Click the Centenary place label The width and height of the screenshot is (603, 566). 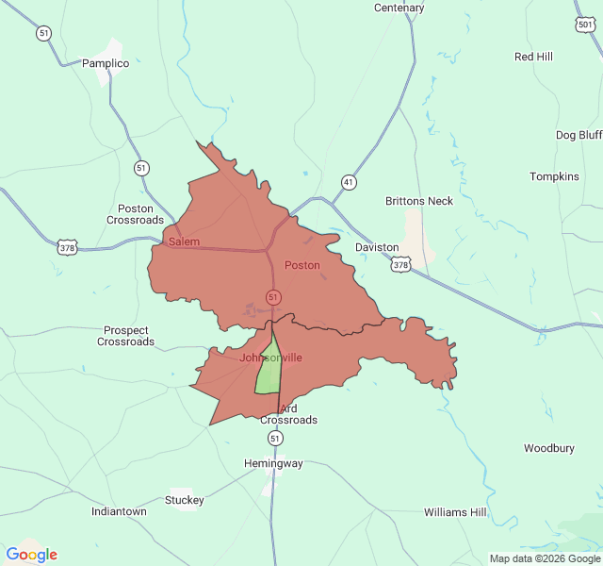tap(399, 8)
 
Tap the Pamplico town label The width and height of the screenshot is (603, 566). tap(106, 63)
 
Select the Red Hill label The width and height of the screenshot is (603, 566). tap(533, 57)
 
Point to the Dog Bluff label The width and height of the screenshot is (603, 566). tap(578, 135)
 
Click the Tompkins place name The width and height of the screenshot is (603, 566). tap(554, 176)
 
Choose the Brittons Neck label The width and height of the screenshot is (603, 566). tap(419, 201)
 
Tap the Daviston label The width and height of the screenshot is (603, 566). tap(377, 247)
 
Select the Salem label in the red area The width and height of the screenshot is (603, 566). tap(184, 242)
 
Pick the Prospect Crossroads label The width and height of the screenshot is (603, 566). tap(125, 336)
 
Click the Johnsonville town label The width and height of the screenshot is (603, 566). tap(270, 358)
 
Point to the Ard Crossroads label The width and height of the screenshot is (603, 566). tap(288, 414)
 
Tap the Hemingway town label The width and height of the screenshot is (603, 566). tap(273, 463)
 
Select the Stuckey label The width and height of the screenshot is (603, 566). tap(185, 500)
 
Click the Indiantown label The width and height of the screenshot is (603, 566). tap(119, 511)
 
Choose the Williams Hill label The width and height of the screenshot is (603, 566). tap(455, 512)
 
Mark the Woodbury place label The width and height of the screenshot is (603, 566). tap(548, 448)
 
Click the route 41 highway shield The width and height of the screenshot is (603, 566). tap(349, 181)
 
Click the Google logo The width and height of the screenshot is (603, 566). tap(31, 555)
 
